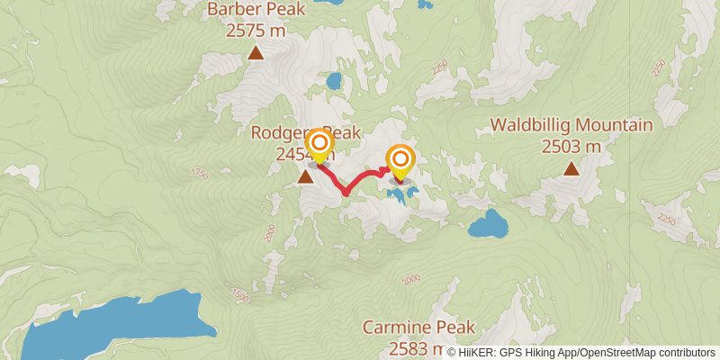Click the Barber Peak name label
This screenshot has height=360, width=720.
tap(256, 11)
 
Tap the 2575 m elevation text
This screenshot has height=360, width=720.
tap(256, 30)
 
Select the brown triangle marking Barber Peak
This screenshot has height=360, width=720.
tap(256, 53)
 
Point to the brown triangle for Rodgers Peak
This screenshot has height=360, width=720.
tap(306, 176)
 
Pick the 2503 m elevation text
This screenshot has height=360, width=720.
tap(571, 146)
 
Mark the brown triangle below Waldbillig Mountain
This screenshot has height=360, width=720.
tap(571, 168)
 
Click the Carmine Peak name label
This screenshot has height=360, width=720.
tap(418, 328)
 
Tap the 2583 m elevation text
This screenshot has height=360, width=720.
tap(414, 347)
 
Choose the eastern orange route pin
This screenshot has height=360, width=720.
tap(400, 160)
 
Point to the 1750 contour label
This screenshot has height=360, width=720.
tap(200, 173)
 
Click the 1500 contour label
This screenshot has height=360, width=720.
tap(238, 295)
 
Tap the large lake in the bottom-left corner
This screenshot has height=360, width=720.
tap(108, 328)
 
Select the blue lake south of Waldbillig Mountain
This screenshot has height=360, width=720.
tap(488, 223)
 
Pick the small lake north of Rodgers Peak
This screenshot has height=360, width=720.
tap(334, 81)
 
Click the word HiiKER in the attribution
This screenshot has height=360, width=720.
tap(477, 353)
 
